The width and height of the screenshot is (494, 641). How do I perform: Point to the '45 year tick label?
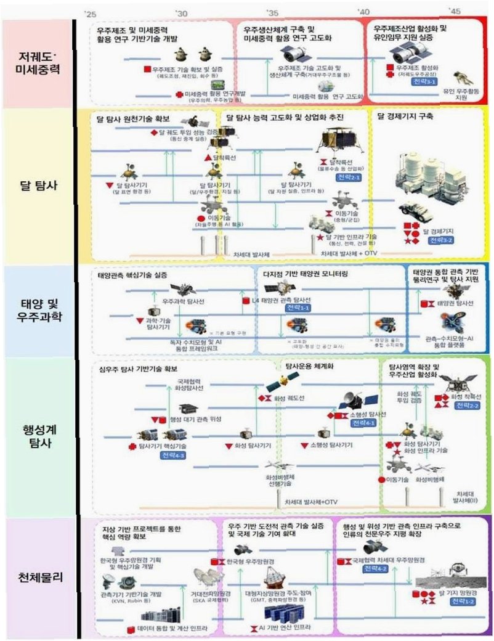click(x=454, y=12)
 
